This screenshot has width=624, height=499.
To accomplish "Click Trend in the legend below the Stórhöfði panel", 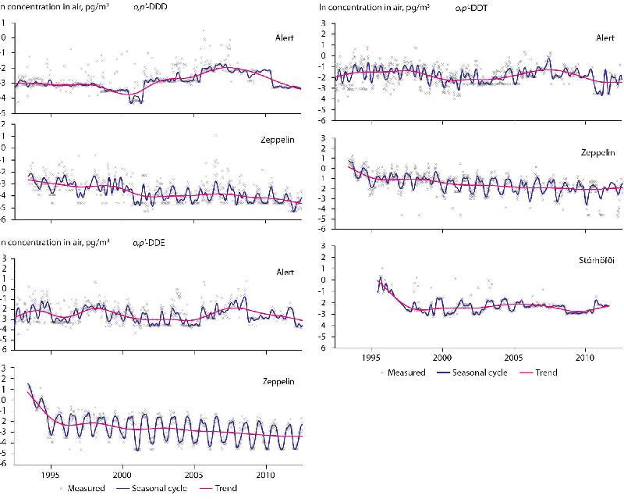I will pos(546,372).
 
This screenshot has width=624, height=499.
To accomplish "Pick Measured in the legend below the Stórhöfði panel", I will pos(409,372).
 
